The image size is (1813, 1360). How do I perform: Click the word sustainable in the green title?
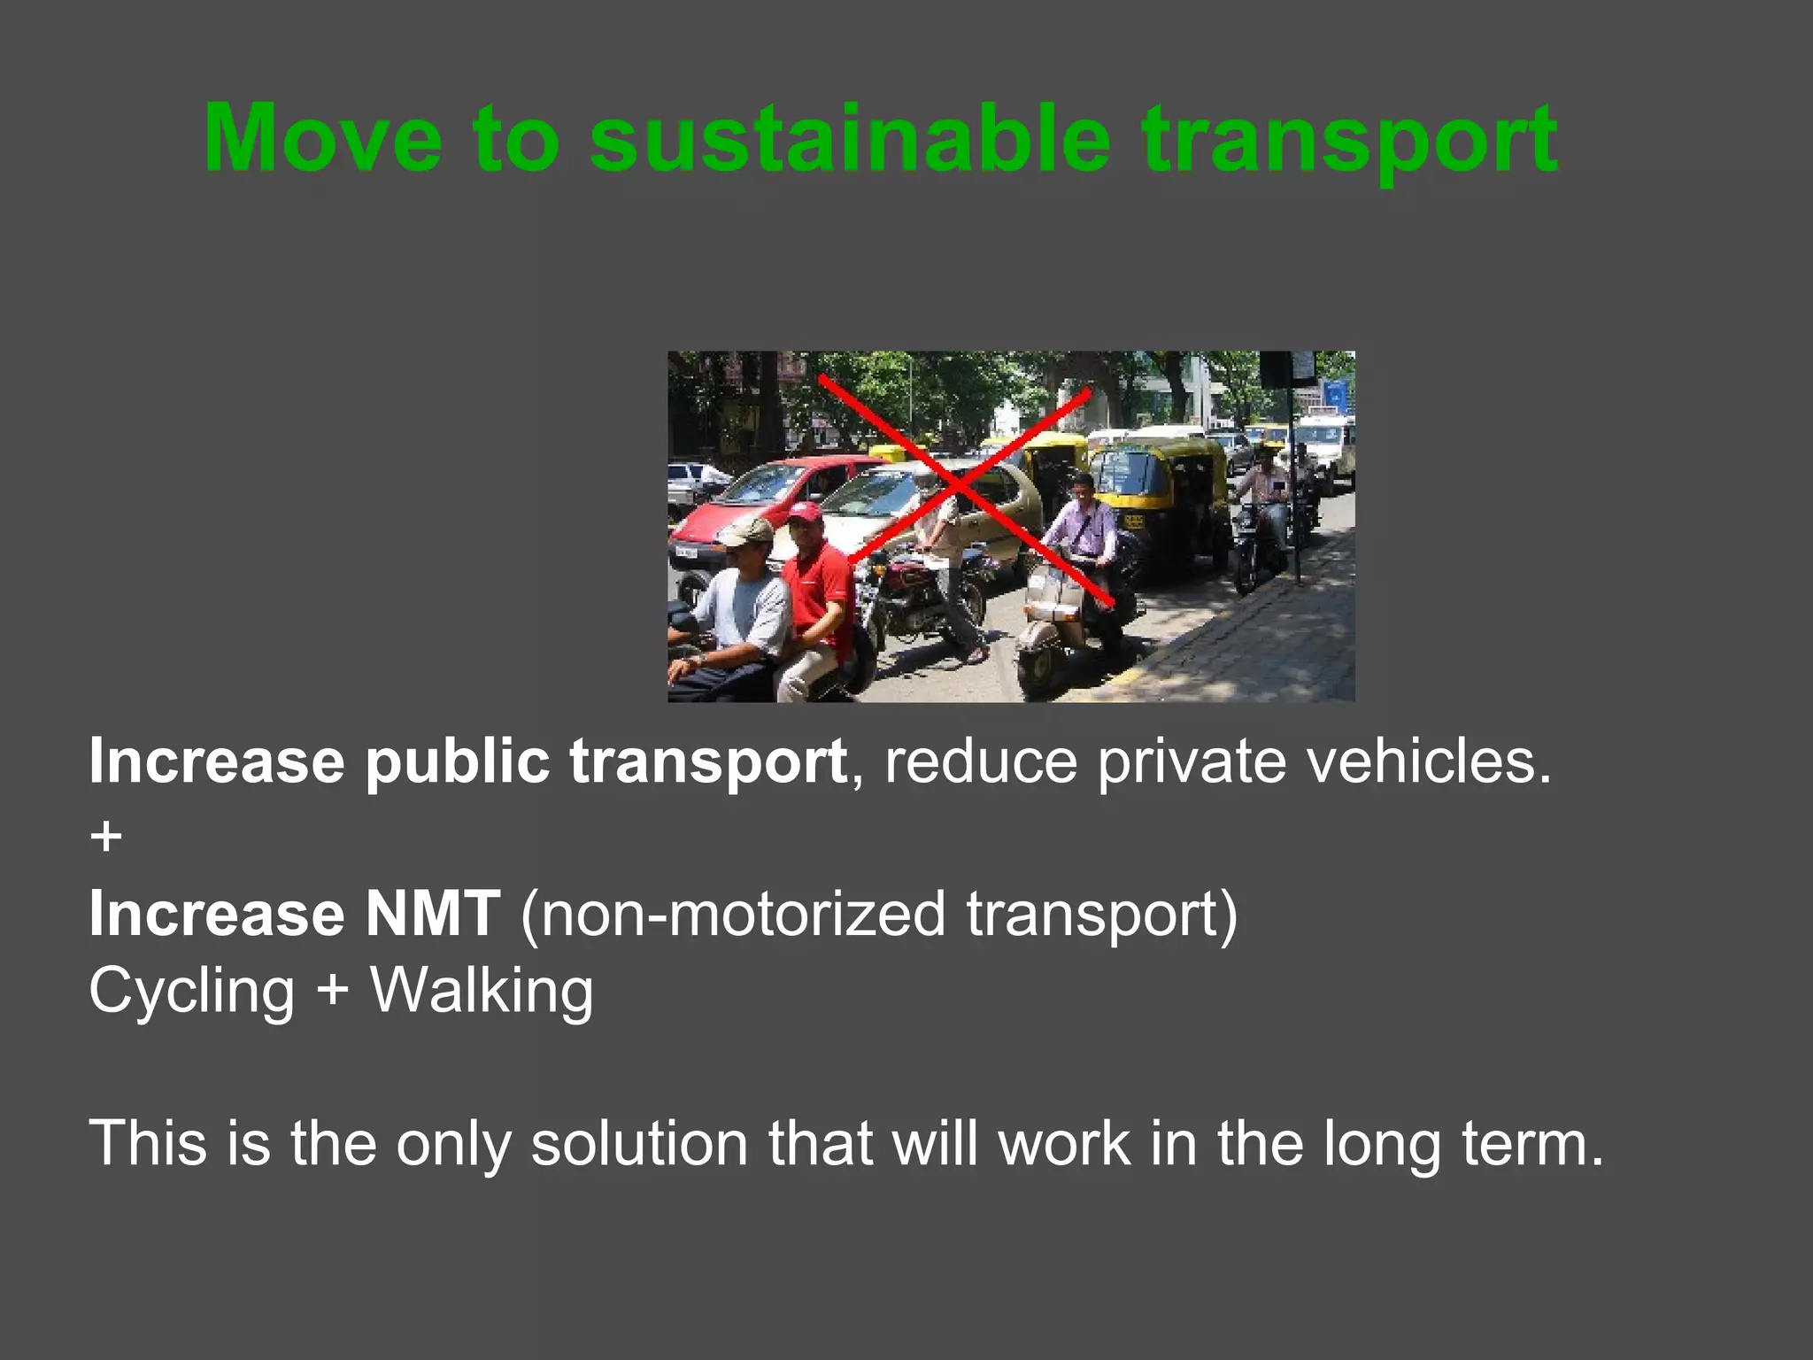[x=850, y=139]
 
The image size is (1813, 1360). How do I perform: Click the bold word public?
[x=458, y=762]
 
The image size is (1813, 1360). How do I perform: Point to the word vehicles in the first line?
[x=1429, y=761]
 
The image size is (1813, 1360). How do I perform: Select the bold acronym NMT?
[x=433, y=914]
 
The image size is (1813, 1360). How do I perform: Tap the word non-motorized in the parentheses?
[x=744, y=914]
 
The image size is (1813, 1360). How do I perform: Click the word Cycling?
[x=191, y=992]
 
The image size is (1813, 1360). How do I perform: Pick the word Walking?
[x=482, y=992]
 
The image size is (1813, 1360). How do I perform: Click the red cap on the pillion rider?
[x=805, y=513]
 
